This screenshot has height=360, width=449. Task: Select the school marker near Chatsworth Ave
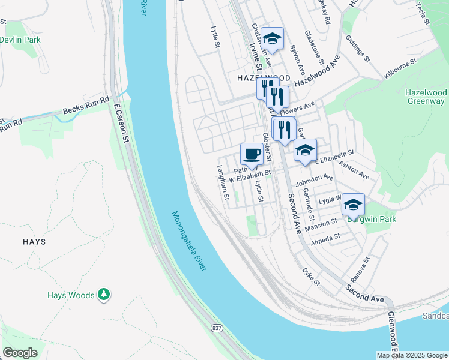tap(272, 39)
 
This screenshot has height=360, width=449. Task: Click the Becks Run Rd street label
tap(86, 106)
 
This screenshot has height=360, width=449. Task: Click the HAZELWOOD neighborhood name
tap(264, 78)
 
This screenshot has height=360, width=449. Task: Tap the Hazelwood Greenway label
tap(426, 97)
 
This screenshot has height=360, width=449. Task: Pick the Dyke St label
tap(311, 277)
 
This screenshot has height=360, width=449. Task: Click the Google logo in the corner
tap(20, 352)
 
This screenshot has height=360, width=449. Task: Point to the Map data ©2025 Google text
tap(411, 355)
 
